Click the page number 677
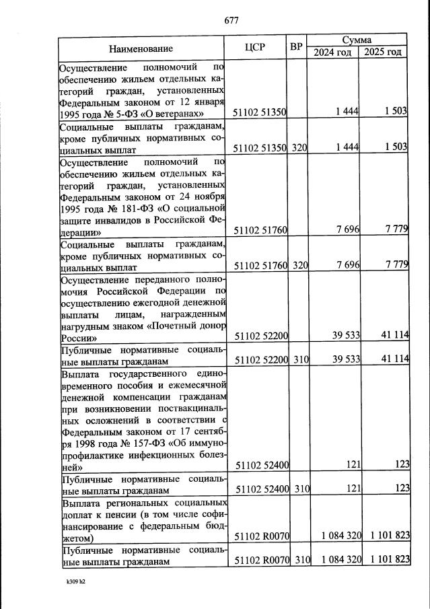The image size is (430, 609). (x=231, y=20)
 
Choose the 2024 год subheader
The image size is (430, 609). (x=332, y=52)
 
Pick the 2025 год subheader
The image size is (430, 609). (x=383, y=52)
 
